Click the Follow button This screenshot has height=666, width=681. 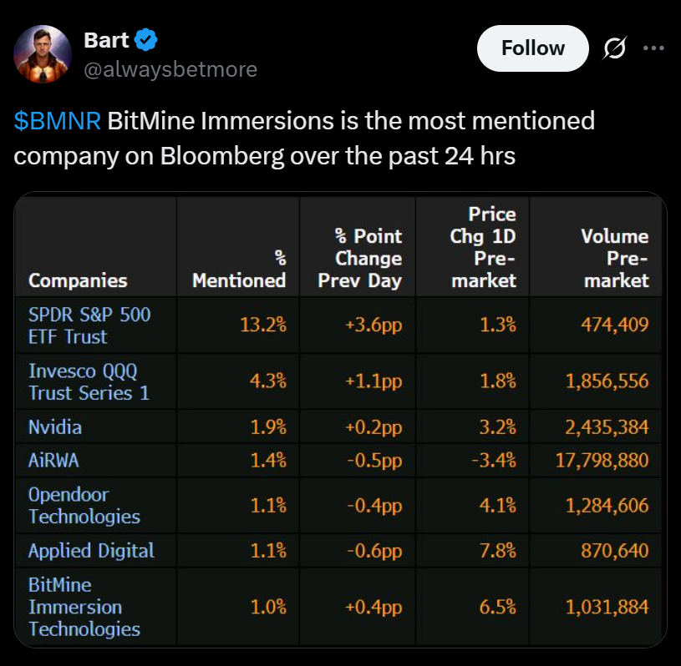coord(533,48)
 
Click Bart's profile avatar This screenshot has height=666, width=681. coord(43,53)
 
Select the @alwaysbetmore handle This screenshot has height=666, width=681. coord(170,69)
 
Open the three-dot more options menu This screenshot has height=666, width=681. coord(653,48)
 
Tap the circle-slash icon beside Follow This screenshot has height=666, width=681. coord(614,49)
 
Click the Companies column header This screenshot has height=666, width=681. coord(78,280)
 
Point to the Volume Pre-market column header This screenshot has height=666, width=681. coord(615,259)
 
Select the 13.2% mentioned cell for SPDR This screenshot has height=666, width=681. coord(263,325)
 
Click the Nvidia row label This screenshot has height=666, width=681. coord(55,427)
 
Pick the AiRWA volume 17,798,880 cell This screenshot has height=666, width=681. coord(602,460)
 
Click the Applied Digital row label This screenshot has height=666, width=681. coord(91,551)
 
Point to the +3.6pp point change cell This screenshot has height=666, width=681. coord(374,325)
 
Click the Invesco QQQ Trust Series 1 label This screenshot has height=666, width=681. coord(89,381)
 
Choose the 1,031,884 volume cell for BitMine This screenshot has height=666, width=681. coord(607,607)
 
